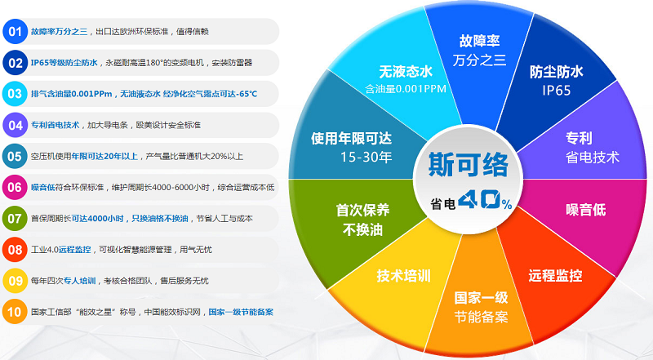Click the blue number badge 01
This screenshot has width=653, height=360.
[15, 31]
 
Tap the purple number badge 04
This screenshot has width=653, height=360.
[15, 125]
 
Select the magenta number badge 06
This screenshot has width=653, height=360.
[15, 187]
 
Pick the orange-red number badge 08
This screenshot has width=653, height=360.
[15, 249]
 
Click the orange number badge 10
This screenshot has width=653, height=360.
[15, 311]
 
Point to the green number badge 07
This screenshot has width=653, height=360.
[15, 218]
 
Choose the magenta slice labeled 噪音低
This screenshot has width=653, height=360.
[585, 210]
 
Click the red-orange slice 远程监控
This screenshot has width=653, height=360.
[555, 275]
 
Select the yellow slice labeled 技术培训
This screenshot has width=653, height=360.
[403, 275]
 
